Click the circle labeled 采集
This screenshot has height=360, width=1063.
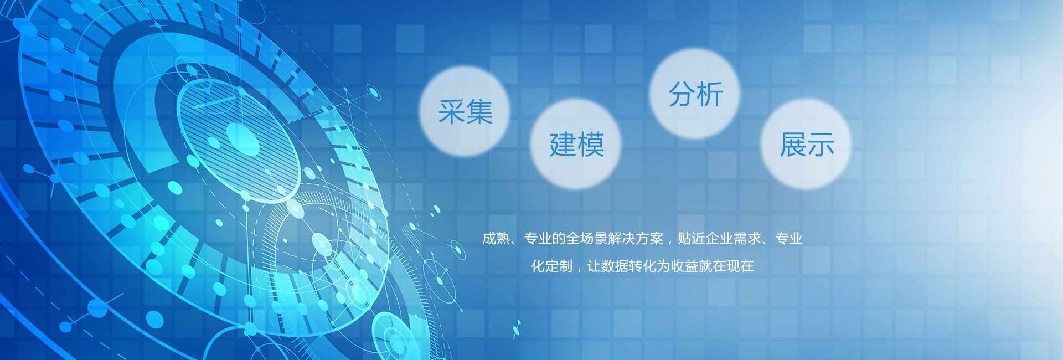click(x=464, y=111)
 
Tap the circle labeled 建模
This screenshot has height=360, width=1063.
click(x=576, y=144)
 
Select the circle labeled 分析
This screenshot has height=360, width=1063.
click(x=695, y=94)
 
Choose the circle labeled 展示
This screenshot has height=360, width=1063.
click(x=806, y=144)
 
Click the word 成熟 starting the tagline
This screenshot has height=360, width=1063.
click(x=496, y=239)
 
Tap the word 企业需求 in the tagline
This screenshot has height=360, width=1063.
click(x=734, y=239)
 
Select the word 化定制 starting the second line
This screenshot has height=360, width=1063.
click(x=552, y=266)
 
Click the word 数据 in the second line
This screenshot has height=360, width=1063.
click(x=615, y=266)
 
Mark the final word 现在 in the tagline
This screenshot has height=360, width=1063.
click(x=740, y=266)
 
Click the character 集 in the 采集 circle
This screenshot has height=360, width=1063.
click(x=479, y=112)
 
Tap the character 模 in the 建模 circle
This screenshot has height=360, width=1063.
click(x=591, y=145)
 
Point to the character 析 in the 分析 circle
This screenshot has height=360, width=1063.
click(x=710, y=94)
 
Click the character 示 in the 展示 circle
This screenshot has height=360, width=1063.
click(x=821, y=145)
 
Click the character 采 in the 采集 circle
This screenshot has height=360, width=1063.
click(x=451, y=112)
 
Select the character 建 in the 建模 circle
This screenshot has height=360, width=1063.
click(x=563, y=145)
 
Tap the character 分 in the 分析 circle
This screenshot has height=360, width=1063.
click(x=682, y=94)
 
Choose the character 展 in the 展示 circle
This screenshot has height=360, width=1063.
click(x=793, y=145)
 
